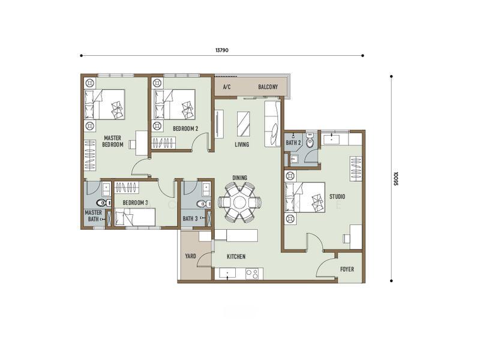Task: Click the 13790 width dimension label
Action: [221, 50]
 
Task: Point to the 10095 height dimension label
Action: [396, 178]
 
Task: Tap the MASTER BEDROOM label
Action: [113, 142]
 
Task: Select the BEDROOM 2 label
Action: [185, 128]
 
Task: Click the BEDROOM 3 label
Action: [136, 203]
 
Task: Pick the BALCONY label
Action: [268, 87]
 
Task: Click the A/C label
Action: [227, 87]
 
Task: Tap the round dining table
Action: [239, 202]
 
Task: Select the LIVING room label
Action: [242, 144]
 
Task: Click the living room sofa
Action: [272, 124]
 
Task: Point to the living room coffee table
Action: [244, 124]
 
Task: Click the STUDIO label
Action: [337, 197]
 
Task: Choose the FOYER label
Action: [347, 269]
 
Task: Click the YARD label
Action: [190, 256]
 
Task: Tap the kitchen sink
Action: [227, 274]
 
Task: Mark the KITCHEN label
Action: [236, 257]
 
